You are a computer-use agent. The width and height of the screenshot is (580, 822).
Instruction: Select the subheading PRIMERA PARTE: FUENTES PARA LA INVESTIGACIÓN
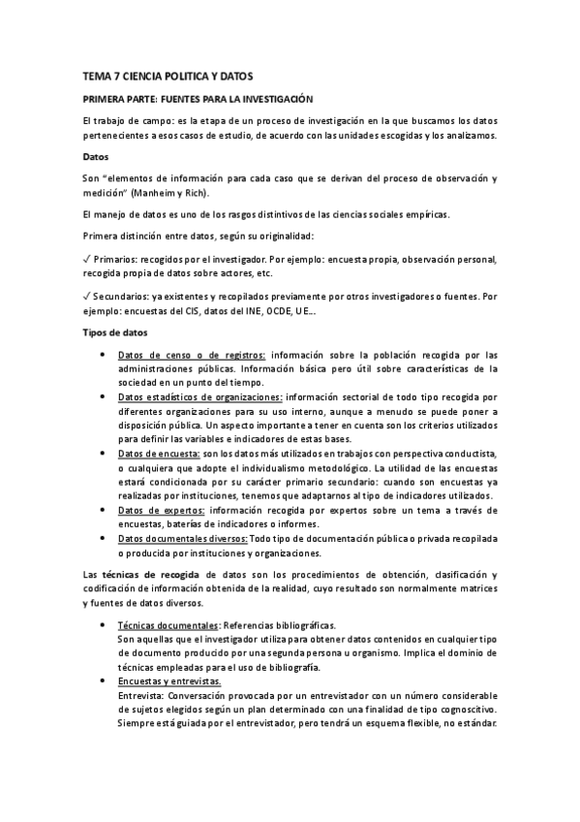point(198,99)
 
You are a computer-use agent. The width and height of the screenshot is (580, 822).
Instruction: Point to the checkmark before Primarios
point(87,260)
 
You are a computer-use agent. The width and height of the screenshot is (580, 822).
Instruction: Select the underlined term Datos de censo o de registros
point(192,354)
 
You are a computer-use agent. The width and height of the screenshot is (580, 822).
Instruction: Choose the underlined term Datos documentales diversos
point(181,538)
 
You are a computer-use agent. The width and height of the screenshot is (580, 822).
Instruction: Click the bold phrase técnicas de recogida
point(160,576)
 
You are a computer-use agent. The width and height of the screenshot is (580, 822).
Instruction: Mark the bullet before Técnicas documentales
point(104,626)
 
